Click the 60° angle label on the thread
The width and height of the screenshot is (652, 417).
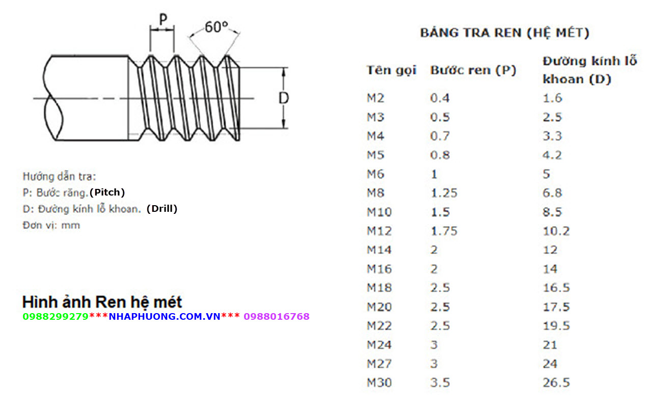tap(216, 26)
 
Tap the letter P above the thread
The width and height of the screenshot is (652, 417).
tap(162, 20)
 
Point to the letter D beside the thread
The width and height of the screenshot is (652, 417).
tap(284, 98)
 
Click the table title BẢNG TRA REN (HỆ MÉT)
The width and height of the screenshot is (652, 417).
tap(504, 33)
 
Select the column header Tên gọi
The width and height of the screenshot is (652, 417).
tap(391, 70)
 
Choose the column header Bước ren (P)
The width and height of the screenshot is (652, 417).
tap(473, 70)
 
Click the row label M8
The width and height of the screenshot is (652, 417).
tap(376, 193)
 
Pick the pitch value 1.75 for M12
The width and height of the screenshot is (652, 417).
tap(444, 231)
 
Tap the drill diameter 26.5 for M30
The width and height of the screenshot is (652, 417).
tap(556, 383)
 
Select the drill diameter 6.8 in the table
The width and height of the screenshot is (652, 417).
tap(552, 193)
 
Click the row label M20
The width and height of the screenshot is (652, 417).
tap(379, 307)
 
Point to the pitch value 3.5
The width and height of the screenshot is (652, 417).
tap(440, 383)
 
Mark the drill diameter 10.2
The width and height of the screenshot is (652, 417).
tap(556, 231)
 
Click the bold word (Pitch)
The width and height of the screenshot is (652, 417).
tap(107, 192)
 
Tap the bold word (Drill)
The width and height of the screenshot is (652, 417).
tap(162, 209)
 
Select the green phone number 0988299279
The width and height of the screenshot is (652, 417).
tap(56, 317)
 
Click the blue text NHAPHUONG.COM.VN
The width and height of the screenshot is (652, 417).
tap(165, 317)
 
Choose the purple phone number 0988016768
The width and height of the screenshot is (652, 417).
tap(277, 317)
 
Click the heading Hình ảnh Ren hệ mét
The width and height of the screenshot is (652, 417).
tap(102, 302)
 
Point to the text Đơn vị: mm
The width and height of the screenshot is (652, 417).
tap(51, 225)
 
